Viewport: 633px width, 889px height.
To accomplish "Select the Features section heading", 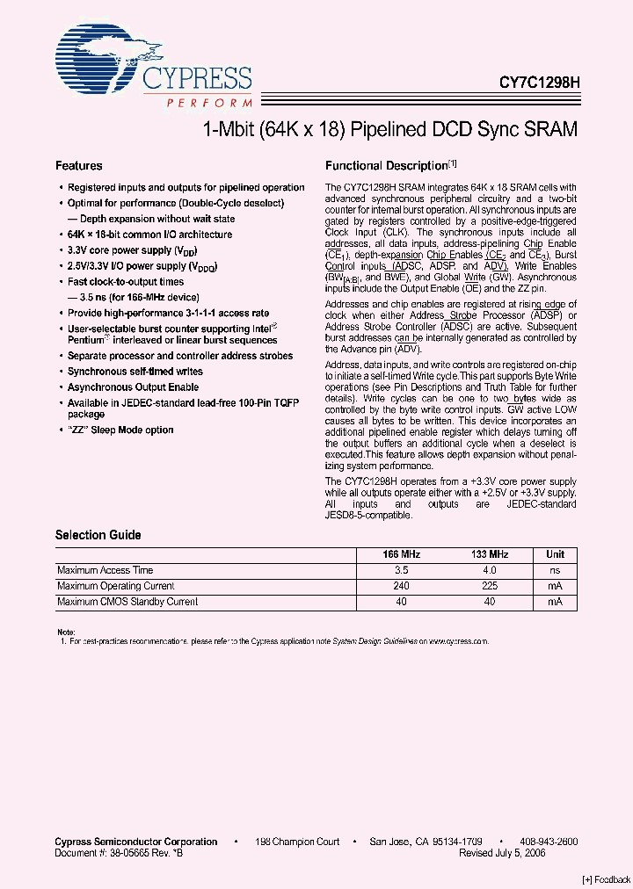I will [x=79, y=165].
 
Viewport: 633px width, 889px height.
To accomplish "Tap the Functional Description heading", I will [x=387, y=165].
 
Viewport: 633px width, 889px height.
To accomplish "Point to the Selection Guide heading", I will [x=98, y=535].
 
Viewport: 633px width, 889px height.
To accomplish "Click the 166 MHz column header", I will [x=402, y=554].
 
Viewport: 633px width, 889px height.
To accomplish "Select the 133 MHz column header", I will [x=490, y=554].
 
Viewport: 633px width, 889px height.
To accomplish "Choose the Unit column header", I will [x=555, y=554].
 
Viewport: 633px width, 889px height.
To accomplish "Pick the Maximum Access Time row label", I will [x=105, y=570].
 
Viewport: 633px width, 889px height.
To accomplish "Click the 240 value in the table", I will [x=402, y=586].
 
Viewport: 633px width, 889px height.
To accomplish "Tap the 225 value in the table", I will [x=490, y=586].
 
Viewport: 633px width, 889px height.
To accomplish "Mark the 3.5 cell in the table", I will [x=402, y=570].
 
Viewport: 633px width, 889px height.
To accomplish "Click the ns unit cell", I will [x=555, y=570].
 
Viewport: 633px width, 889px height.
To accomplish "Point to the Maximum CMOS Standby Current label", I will [x=127, y=602].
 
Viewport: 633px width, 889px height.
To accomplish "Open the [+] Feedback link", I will [x=607, y=879].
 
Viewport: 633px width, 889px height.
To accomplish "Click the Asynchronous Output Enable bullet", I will [x=133, y=387].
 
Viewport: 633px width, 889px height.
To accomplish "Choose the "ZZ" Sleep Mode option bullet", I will [x=120, y=430].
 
